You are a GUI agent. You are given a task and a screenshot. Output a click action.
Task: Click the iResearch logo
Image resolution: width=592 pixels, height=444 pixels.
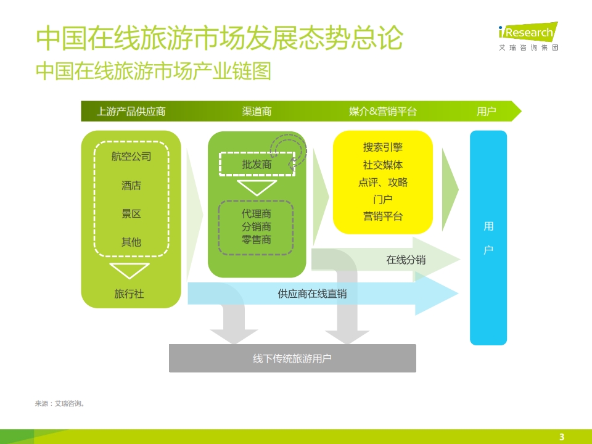click(528, 36)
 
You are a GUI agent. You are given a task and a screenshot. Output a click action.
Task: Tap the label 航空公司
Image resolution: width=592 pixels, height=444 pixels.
click(131, 156)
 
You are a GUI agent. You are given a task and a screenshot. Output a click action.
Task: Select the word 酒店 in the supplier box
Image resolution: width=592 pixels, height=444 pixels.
click(131, 186)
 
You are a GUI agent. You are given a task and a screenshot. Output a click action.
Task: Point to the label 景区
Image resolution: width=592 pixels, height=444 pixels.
click(131, 214)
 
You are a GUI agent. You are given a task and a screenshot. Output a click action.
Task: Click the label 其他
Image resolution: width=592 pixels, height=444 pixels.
click(131, 242)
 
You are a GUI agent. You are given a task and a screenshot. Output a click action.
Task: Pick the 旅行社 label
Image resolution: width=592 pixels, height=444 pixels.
click(129, 294)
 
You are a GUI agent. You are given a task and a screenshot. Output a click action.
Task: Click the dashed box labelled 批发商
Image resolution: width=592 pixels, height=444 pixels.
click(257, 164)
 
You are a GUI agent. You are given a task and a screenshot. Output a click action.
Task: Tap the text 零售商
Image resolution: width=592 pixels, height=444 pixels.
click(257, 240)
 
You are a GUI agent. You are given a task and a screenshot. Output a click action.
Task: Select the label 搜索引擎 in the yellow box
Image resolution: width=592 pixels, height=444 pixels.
click(383, 147)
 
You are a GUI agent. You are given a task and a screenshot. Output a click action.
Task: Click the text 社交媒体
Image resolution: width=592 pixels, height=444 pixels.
click(383, 165)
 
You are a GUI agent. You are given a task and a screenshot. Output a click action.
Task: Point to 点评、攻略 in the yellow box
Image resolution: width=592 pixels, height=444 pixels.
click(383, 183)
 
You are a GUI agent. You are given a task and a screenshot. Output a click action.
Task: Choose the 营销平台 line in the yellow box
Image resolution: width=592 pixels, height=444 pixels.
click(383, 216)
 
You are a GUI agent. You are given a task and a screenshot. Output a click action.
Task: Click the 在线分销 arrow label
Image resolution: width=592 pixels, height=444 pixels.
click(406, 260)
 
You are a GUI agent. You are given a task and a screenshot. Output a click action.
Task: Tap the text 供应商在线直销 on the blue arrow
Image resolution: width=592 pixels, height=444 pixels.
click(312, 294)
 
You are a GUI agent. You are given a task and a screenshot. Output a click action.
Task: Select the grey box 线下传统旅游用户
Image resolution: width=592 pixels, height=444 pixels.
click(292, 358)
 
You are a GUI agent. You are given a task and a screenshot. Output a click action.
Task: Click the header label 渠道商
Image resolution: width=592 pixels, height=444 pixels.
click(257, 112)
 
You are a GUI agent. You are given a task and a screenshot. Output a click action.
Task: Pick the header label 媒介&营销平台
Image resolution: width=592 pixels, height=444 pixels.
click(382, 112)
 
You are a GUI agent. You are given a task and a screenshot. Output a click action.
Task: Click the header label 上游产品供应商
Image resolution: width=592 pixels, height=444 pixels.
click(131, 112)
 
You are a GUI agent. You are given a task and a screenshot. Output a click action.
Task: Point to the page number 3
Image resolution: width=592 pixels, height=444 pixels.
click(562, 437)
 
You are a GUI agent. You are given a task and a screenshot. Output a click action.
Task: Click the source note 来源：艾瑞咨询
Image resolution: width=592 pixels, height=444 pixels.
click(60, 403)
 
